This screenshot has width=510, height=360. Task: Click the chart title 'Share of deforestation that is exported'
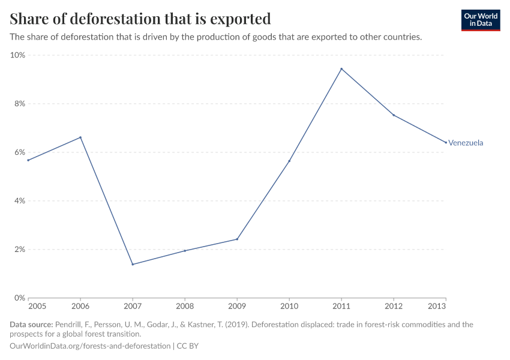coord(140,19)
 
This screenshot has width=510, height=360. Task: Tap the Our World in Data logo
coord(480,20)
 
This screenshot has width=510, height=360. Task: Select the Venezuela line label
coord(466,143)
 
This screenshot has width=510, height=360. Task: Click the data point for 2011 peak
coord(341,69)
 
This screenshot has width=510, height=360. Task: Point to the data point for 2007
coord(133,265)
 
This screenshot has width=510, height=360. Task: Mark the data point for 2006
coord(80,137)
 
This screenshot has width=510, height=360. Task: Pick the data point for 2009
coord(237,239)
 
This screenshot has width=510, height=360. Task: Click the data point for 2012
coord(394,115)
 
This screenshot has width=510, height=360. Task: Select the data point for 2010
coord(289,161)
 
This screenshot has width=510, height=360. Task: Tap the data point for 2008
coord(185,251)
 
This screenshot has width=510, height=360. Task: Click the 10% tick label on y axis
coord(18,55)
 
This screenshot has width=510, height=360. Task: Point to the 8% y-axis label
coord(19,104)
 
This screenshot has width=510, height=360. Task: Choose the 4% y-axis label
coord(19,201)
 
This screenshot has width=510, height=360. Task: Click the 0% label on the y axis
coord(19,298)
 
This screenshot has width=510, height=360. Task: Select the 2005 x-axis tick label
coord(28,306)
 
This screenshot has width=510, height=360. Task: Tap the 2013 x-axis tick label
coord(445,306)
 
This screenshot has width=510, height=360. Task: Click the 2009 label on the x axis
coord(237,306)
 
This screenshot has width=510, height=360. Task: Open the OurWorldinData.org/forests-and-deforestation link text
coord(90,346)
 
